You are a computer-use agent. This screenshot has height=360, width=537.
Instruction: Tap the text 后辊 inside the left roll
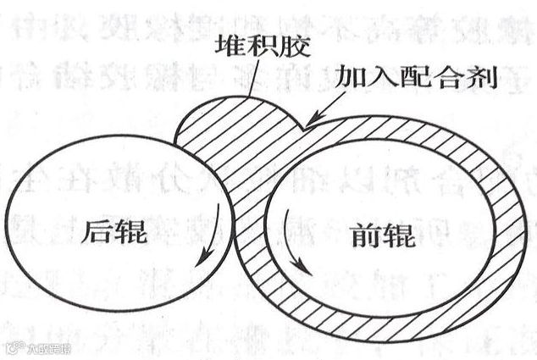(109, 230)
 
